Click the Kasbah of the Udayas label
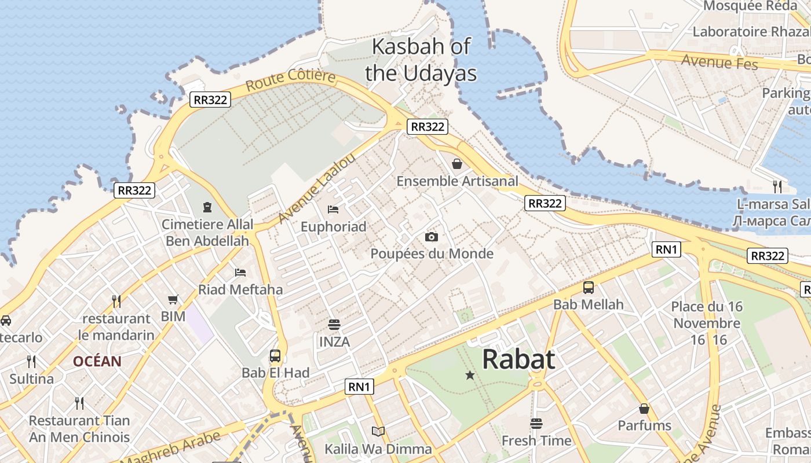[421, 60]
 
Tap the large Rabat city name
[518, 359]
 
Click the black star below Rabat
[470, 376]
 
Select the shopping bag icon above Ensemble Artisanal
[457, 164]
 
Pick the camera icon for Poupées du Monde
[432, 237]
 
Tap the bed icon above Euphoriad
[333, 209]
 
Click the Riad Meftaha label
[240, 289]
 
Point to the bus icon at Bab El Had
[275, 356]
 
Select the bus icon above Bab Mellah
[589, 287]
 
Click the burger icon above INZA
[334, 325]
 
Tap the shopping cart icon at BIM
[173, 299]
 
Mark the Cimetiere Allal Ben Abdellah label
[207, 233]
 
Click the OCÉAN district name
[97, 362]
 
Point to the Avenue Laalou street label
[316, 189]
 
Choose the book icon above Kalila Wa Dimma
[378, 431]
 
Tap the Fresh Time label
[536, 441]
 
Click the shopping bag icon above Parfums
[644, 409]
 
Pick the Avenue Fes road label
[719, 61]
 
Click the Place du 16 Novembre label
[707, 322]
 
